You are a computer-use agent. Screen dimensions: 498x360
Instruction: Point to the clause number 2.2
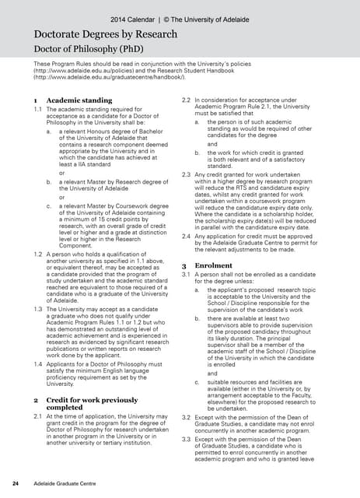click(186, 100)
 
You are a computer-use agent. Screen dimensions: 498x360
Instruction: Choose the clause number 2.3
click(186, 174)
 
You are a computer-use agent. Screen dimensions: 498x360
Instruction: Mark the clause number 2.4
click(186, 234)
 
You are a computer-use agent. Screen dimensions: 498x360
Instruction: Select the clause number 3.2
click(186, 418)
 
